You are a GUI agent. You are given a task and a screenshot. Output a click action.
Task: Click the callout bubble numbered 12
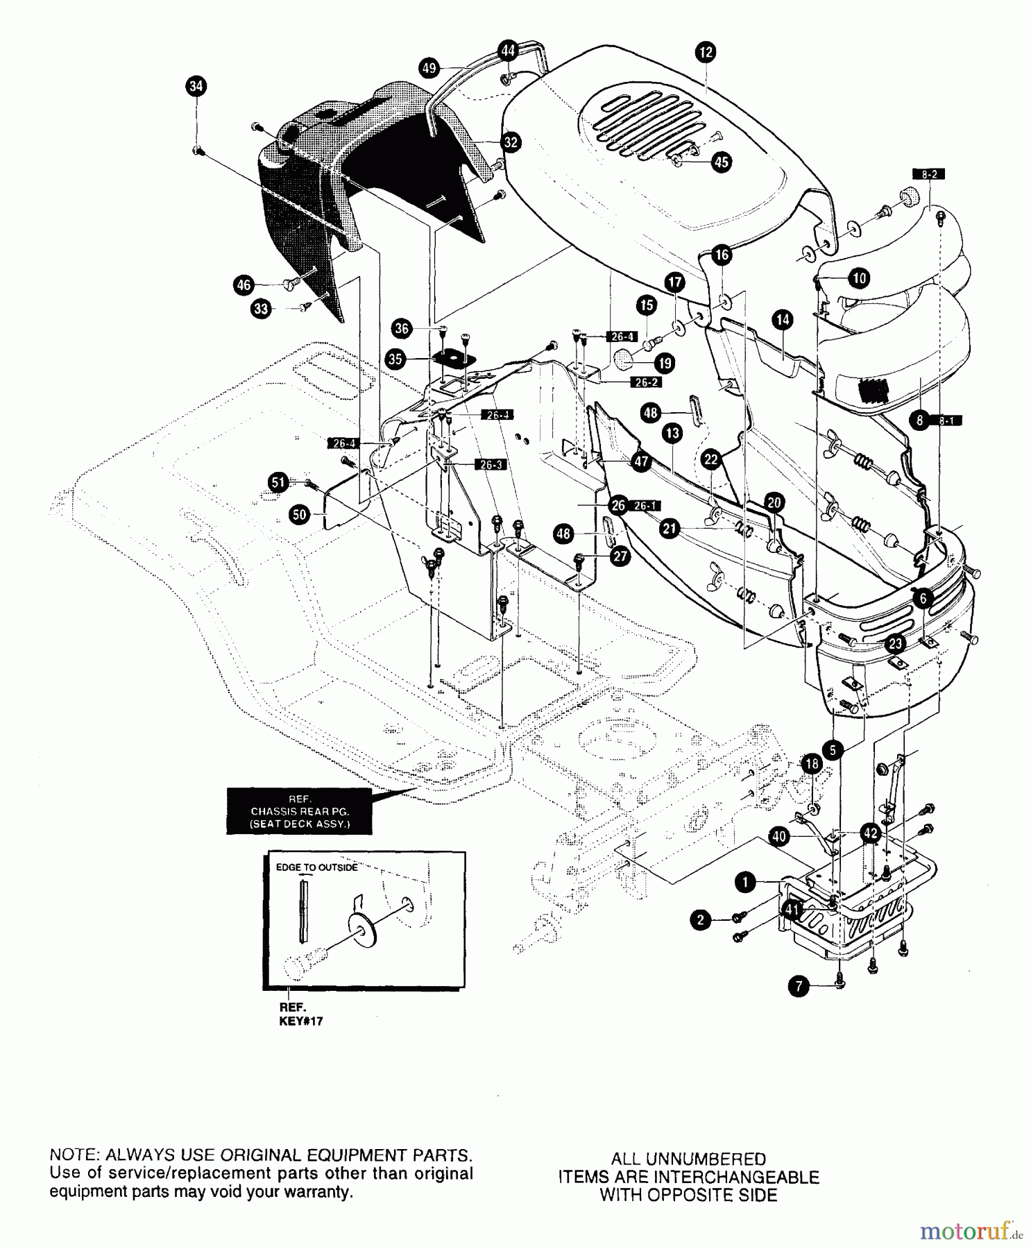click(706, 52)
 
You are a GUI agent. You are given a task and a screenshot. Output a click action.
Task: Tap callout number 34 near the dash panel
click(197, 86)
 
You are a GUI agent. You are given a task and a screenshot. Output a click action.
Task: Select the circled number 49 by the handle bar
click(429, 68)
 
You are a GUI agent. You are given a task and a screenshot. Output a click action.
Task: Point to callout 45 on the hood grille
click(722, 162)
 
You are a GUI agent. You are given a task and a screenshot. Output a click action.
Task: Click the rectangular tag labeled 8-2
click(930, 174)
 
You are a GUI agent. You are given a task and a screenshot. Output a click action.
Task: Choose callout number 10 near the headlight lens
click(859, 278)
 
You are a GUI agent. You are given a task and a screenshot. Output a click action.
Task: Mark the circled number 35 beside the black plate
click(395, 359)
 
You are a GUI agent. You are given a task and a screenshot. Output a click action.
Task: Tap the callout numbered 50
click(299, 514)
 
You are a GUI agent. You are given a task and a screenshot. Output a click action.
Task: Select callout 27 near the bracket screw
click(620, 556)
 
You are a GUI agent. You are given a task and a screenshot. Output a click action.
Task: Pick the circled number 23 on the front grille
click(895, 643)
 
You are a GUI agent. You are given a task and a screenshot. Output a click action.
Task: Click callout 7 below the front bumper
click(799, 987)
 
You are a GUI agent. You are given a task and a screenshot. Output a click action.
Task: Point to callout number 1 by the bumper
click(744, 882)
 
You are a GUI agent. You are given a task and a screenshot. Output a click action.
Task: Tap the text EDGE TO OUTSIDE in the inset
click(317, 867)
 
